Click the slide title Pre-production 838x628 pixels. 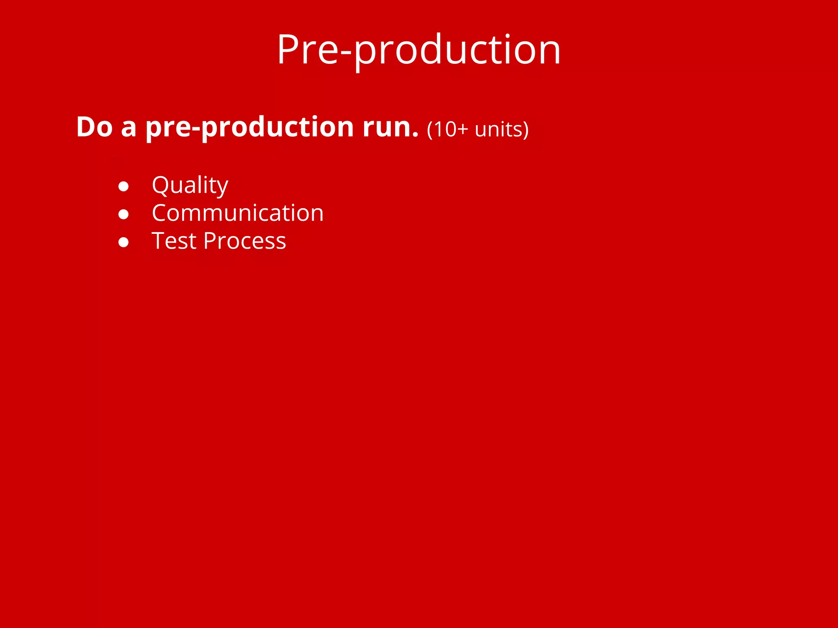click(419, 50)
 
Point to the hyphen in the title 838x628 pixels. click(346, 52)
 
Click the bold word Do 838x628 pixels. click(94, 127)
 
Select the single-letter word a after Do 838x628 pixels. click(128, 129)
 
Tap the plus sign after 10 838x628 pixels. click(463, 130)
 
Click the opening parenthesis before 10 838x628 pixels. click(430, 130)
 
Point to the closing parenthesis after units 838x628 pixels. click(526, 130)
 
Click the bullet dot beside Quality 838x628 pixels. click(124, 186)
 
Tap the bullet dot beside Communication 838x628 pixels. click(124, 214)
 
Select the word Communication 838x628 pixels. click(237, 213)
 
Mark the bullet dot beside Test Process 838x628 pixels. click(124, 242)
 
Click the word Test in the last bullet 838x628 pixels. click(174, 241)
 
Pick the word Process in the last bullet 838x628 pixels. click(245, 241)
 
